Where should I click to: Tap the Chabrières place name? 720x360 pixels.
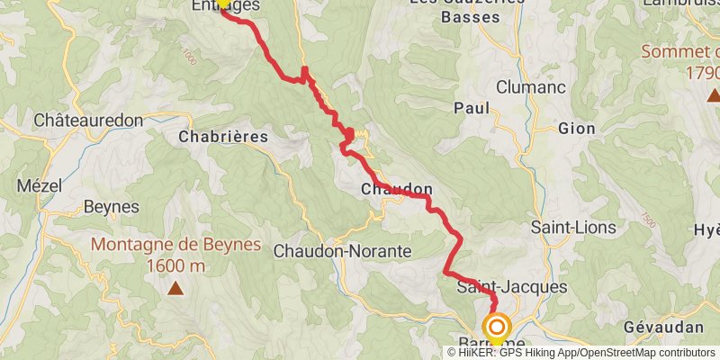point(224,137)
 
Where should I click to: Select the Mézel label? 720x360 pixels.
point(33,186)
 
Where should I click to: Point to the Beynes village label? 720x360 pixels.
point(112,207)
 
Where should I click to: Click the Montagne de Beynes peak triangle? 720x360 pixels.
point(176,289)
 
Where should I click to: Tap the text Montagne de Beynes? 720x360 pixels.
point(175,245)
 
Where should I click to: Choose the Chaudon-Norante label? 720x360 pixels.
point(343,250)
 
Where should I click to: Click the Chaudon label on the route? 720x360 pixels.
point(397,190)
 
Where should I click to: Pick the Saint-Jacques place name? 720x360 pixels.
point(512,287)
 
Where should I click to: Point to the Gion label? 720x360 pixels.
point(577,129)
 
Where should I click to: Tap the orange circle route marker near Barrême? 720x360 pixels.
point(496,327)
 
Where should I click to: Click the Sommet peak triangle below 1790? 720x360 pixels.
point(713,94)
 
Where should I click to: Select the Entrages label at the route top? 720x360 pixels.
point(226,5)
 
